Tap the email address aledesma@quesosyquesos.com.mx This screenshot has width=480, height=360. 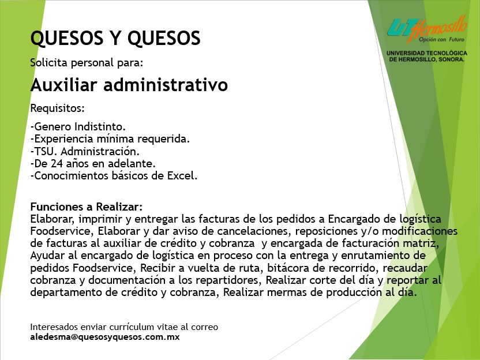(104, 337)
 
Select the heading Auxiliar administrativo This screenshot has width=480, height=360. (129, 85)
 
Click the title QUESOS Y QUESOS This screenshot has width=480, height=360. (115, 38)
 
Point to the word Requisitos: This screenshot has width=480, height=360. (57, 108)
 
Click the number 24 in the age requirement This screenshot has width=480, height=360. (57, 163)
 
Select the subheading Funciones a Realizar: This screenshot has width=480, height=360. (87, 207)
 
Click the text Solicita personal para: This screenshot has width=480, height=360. (87, 63)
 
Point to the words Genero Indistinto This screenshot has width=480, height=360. (80, 126)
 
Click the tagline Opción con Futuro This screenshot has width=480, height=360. (441, 39)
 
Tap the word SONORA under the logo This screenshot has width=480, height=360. (451, 59)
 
